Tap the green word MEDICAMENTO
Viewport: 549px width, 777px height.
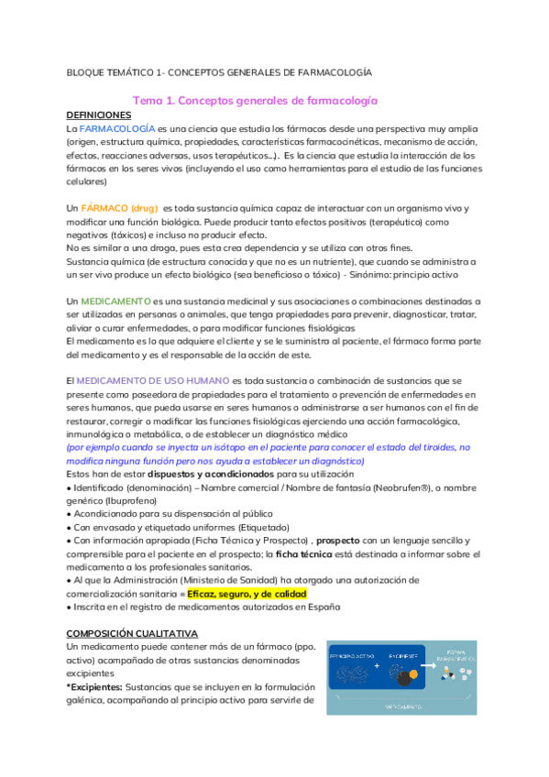[116, 301]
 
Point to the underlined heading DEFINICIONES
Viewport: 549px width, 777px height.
[100, 115]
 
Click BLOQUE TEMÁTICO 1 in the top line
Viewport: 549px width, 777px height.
[116, 71]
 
